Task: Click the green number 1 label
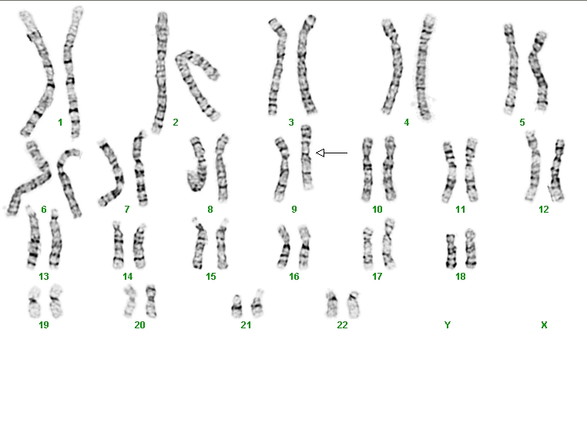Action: coord(60,122)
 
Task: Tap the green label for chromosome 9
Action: coord(293,210)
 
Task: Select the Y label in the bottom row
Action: coord(448,325)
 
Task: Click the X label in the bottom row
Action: coord(544,325)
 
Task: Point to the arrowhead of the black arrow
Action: coord(320,153)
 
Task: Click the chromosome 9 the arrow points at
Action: coord(307,157)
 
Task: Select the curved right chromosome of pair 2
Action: coord(197,84)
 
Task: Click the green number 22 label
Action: coord(342,325)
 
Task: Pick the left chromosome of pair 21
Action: coord(236,306)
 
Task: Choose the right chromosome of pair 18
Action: coord(471,248)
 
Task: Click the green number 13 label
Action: coord(44,277)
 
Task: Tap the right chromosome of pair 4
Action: coord(424,67)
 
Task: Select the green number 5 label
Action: coord(522,122)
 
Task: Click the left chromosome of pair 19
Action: coord(35,302)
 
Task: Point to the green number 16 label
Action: coord(293,277)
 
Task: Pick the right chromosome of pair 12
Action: coord(557,170)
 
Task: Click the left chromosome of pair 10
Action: coord(367,170)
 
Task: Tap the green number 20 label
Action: coord(139,325)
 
